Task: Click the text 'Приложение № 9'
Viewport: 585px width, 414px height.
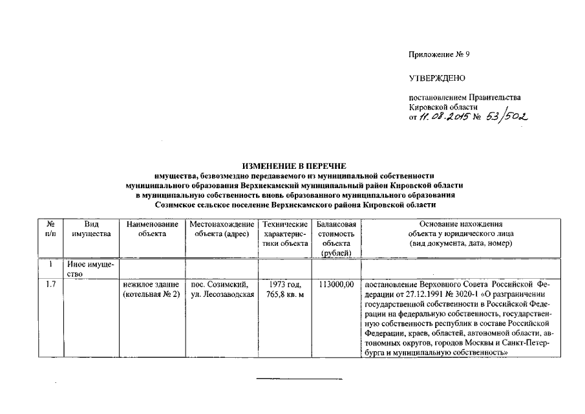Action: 439,54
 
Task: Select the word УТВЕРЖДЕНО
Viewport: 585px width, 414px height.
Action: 437,78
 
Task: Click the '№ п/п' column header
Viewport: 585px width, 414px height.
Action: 50,229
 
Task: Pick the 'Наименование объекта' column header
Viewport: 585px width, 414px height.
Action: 152,229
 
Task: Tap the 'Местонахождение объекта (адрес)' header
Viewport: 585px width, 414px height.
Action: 222,229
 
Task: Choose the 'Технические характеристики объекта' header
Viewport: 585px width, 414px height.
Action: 284,234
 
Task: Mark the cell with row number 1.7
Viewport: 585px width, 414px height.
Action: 50,285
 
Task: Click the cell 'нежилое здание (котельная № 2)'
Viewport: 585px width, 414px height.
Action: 152,290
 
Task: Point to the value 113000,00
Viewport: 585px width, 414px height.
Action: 336,285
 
